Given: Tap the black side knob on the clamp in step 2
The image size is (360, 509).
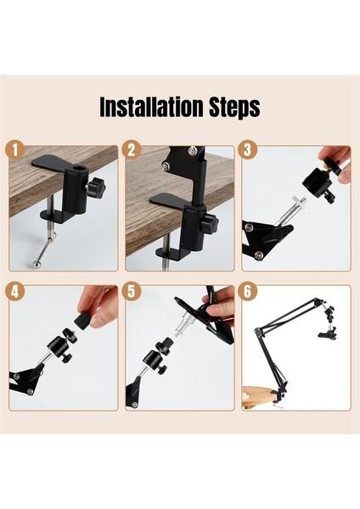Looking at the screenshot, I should (209, 225).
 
